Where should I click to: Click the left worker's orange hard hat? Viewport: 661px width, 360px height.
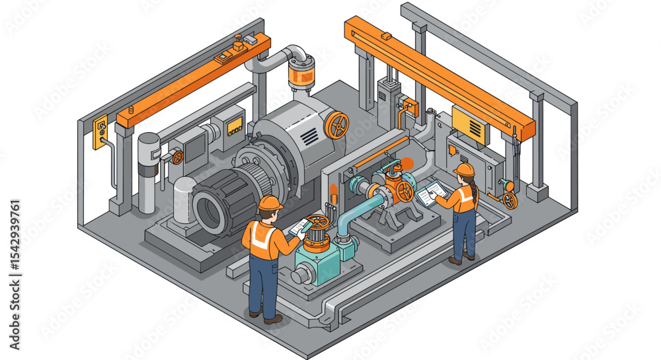click(270, 203)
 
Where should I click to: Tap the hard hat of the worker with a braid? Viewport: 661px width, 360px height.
click(465, 170)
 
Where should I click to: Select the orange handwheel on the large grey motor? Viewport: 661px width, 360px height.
click(336, 125)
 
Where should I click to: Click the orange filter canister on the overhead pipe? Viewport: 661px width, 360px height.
click(301, 75)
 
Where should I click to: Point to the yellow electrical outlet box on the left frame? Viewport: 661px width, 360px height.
click(100, 130)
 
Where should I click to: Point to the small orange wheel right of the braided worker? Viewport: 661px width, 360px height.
click(510, 200)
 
